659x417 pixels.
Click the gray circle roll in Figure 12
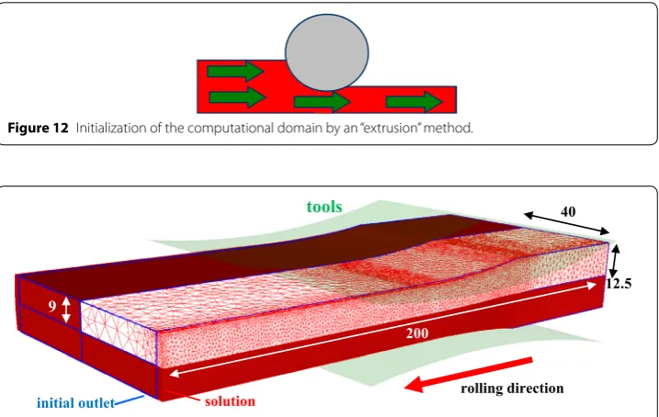pyautogui.click(x=327, y=52)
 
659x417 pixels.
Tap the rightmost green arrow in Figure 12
pyautogui.click(x=414, y=102)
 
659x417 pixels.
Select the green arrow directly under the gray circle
pyautogui.click(x=322, y=102)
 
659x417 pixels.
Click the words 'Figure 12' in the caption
pyautogui.click(x=38, y=128)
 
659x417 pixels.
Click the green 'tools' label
pyautogui.click(x=324, y=207)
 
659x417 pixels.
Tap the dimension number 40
pyautogui.click(x=568, y=211)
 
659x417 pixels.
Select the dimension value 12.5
pyautogui.click(x=619, y=284)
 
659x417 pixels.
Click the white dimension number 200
pyautogui.click(x=417, y=333)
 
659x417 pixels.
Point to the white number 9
pyautogui.click(x=51, y=306)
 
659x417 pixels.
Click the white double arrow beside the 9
pyautogui.click(x=66, y=310)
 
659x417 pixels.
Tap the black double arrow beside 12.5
pyautogui.click(x=615, y=261)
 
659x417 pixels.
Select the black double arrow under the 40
pyautogui.click(x=566, y=223)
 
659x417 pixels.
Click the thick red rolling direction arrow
pyautogui.click(x=468, y=374)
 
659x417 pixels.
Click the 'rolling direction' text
pyautogui.click(x=512, y=389)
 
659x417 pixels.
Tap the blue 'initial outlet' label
pyautogui.click(x=75, y=403)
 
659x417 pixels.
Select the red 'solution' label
pyautogui.click(x=230, y=401)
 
